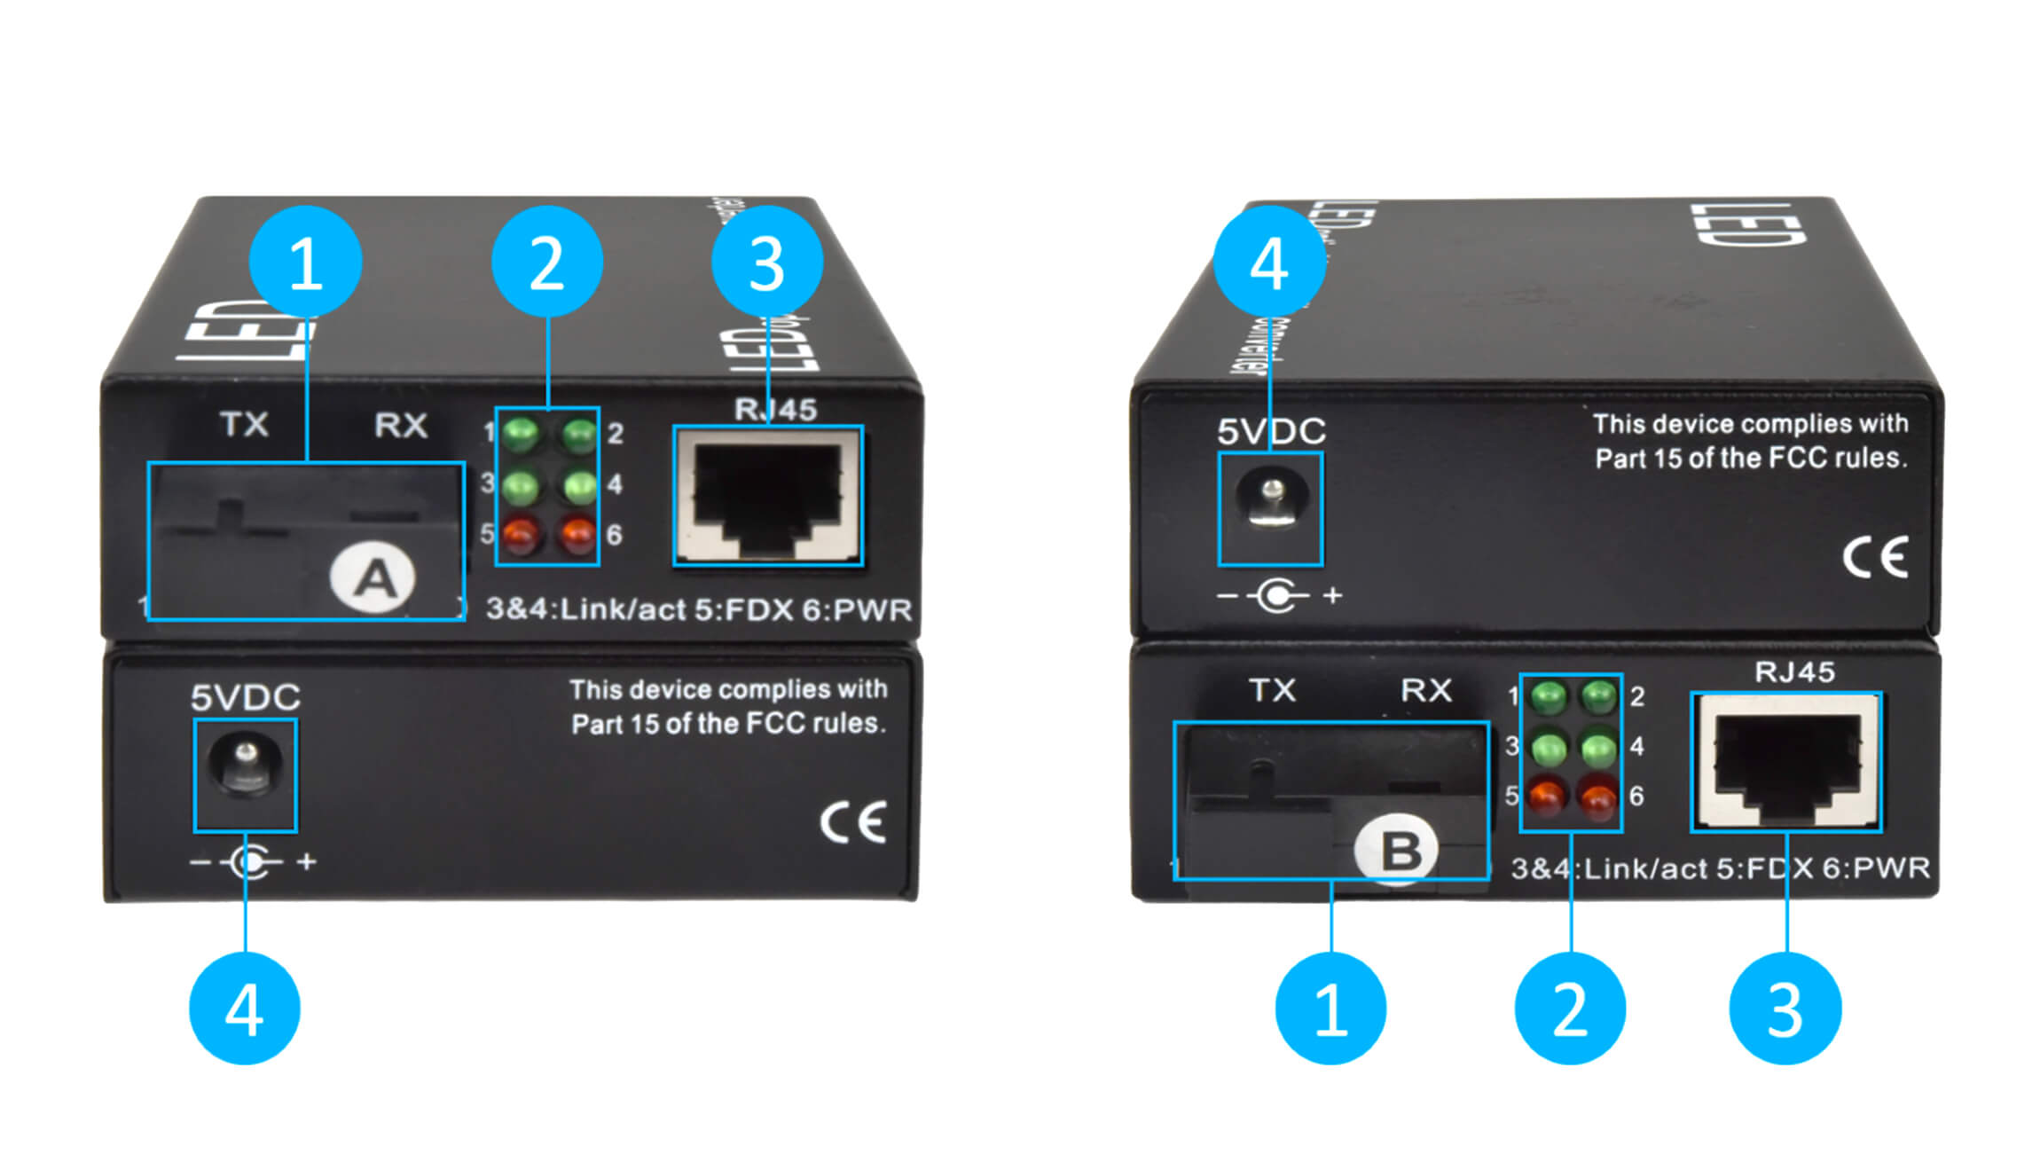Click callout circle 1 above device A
coord(305,262)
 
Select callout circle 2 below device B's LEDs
coord(1570,1009)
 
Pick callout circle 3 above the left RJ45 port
coord(767,262)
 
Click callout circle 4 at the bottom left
coord(245,1009)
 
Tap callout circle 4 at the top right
coord(1268,262)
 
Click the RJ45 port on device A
coord(767,495)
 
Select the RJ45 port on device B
coord(1786,761)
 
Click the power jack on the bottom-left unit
coord(245,773)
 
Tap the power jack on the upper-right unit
coord(1270,507)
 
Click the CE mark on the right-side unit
coord(1874,557)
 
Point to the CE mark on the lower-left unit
coord(852,822)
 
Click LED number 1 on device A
coord(521,434)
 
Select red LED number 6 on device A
coord(577,533)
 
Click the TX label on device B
coord(1272,690)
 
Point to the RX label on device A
coord(400,425)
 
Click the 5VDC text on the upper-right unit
coord(1270,431)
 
